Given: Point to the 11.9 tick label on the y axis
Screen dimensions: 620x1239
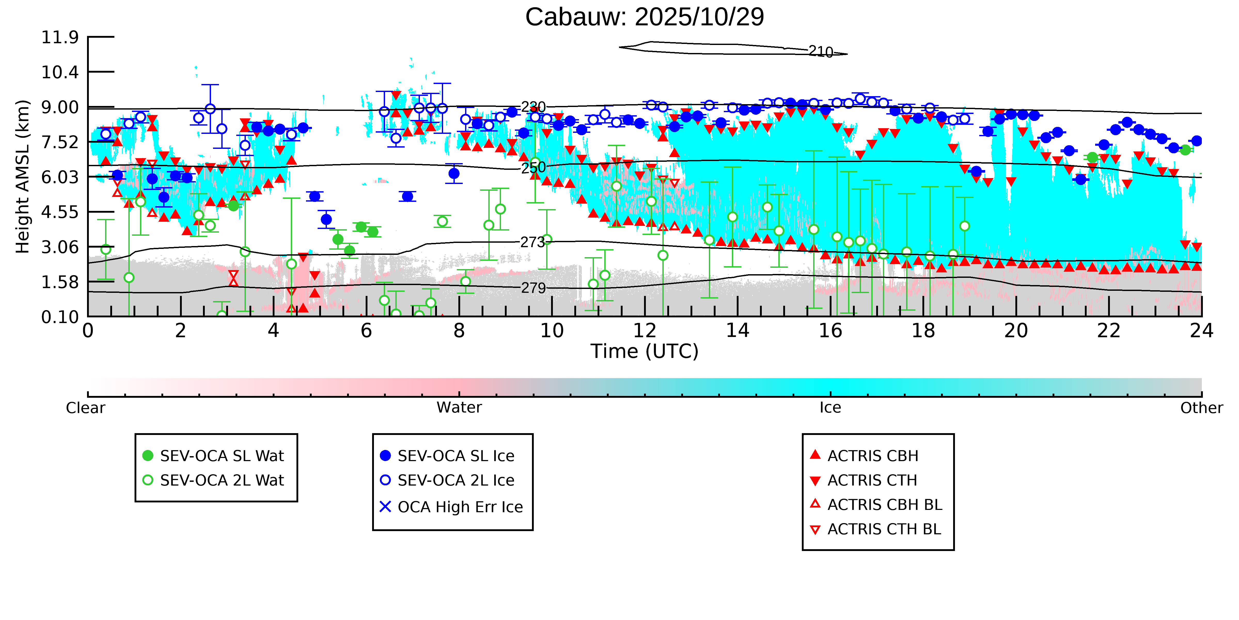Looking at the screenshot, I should click(60, 37).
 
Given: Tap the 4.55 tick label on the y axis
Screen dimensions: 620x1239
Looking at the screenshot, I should click(60, 212).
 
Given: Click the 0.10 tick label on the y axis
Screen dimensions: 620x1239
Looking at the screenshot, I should click(60, 317).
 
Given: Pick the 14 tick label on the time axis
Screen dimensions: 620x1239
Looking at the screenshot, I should click(737, 331).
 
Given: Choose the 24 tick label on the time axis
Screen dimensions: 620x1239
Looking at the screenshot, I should click(1201, 331).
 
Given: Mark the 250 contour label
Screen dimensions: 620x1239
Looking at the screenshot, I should click(534, 167).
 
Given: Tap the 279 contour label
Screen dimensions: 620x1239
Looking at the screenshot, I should click(534, 288).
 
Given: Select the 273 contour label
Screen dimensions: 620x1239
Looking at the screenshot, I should click(532, 242).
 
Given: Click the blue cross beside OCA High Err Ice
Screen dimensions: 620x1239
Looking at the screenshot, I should click(385, 507).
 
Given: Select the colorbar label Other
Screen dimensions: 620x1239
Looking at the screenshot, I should click(1201, 408).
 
